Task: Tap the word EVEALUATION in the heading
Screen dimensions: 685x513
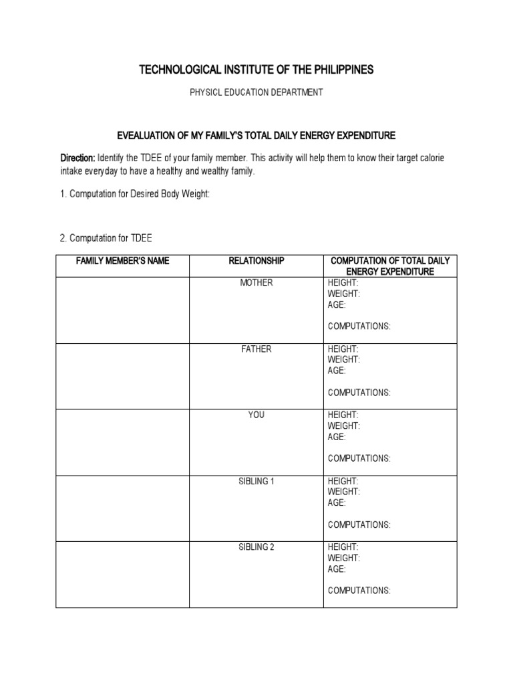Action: click(147, 136)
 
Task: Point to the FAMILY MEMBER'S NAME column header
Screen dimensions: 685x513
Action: click(122, 261)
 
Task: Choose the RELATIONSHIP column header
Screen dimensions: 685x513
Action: click(256, 261)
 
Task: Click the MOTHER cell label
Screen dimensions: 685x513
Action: click(256, 283)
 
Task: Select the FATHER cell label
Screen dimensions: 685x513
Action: click(256, 349)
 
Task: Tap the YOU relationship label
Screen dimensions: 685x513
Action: click(256, 415)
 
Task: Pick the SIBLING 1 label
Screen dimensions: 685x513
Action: click(256, 481)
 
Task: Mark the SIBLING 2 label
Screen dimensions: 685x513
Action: click(256, 547)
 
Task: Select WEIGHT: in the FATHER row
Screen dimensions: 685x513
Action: click(344, 360)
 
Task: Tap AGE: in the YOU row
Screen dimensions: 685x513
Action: click(337, 437)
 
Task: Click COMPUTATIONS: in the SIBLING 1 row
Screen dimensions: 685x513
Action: click(359, 524)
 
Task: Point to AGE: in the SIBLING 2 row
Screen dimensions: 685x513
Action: click(337, 569)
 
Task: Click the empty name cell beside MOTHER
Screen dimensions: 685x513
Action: click(122, 310)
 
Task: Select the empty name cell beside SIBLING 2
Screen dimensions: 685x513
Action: click(122, 574)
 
